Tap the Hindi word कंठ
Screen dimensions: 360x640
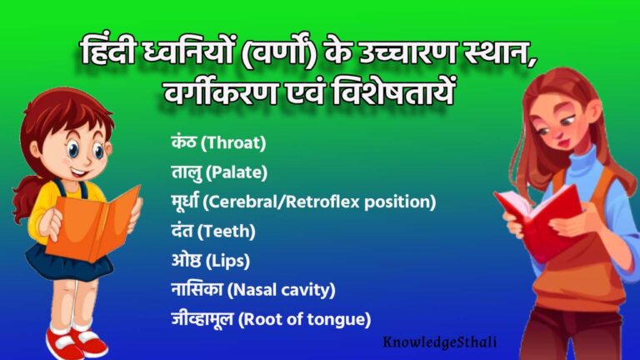tap(182, 142)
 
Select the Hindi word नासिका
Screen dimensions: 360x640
tap(197, 289)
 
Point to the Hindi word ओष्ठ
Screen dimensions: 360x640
tap(184, 260)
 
